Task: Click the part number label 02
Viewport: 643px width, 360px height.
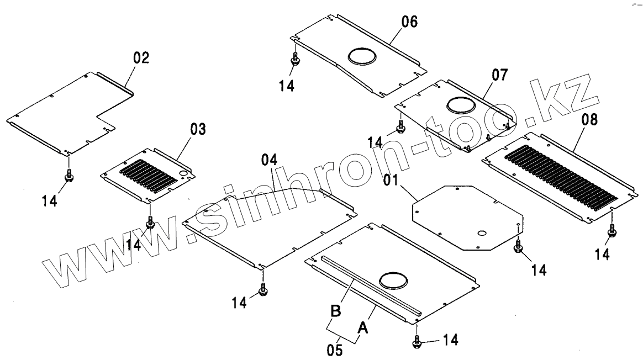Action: pos(141,59)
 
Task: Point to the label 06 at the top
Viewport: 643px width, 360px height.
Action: pos(409,23)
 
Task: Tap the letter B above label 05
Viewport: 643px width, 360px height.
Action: pos(335,311)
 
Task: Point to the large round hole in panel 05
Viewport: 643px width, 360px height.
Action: pos(394,279)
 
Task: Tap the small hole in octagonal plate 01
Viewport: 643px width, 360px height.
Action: pos(481,234)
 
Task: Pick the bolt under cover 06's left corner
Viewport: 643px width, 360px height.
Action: pos(296,60)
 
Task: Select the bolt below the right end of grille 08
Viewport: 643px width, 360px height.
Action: pos(612,232)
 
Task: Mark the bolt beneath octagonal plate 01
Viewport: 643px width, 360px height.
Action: pos(518,247)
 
